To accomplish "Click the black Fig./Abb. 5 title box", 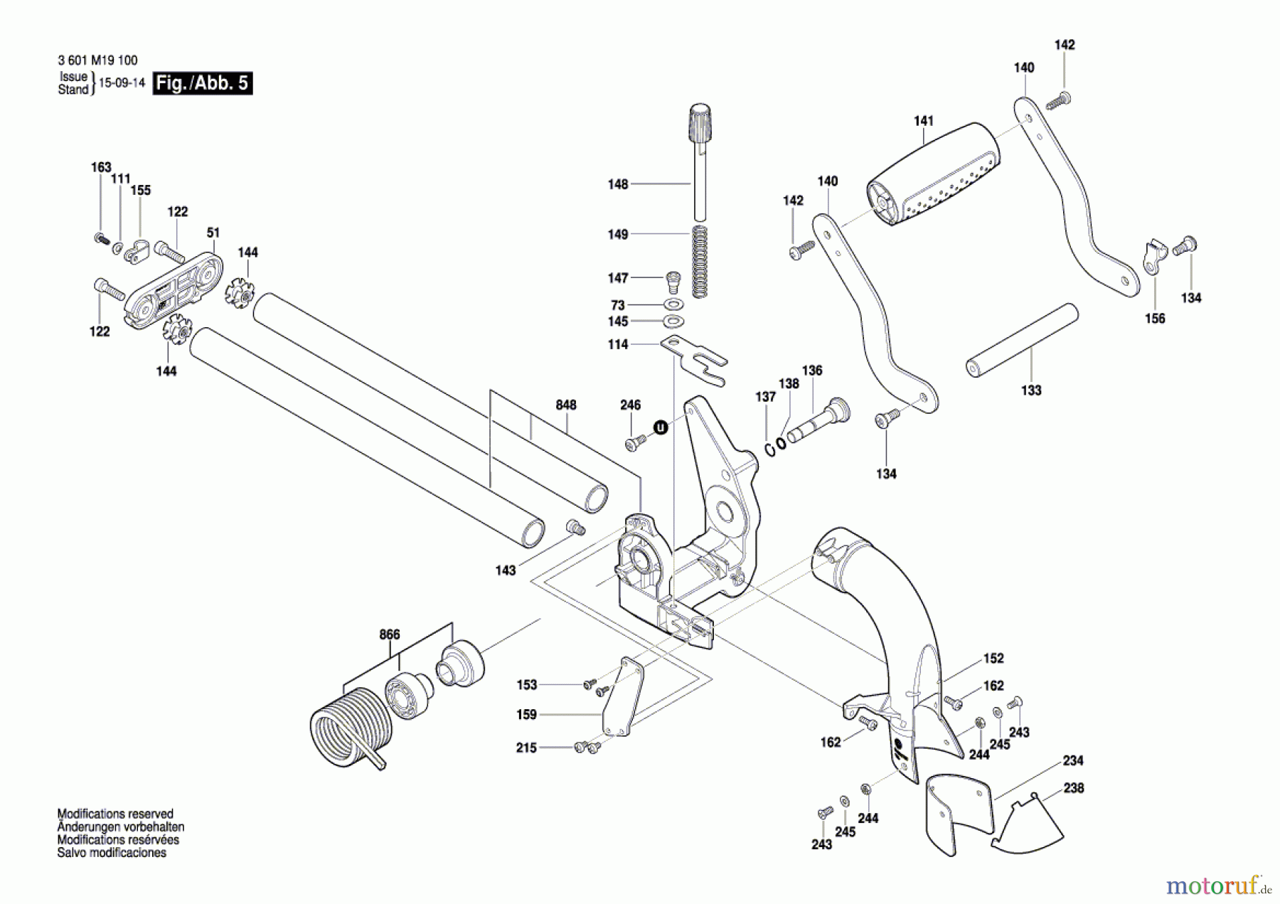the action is tap(203, 83).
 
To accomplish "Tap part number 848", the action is tap(566, 405).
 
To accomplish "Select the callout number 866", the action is tap(390, 634).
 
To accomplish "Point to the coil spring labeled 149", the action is tap(700, 260).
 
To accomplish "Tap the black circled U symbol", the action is tap(661, 427).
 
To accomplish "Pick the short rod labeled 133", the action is tap(1022, 341).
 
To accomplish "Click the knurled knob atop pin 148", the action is tap(700, 125).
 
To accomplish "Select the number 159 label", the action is tap(526, 715).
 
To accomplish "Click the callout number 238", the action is tap(1074, 788).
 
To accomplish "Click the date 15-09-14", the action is tap(122, 83).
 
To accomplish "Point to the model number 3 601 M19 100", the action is tap(98, 60).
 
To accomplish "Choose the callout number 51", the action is tap(213, 233).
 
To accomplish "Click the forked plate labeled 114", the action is tap(695, 360).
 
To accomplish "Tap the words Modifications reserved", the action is tap(115, 814).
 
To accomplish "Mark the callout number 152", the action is tap(993, 659).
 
